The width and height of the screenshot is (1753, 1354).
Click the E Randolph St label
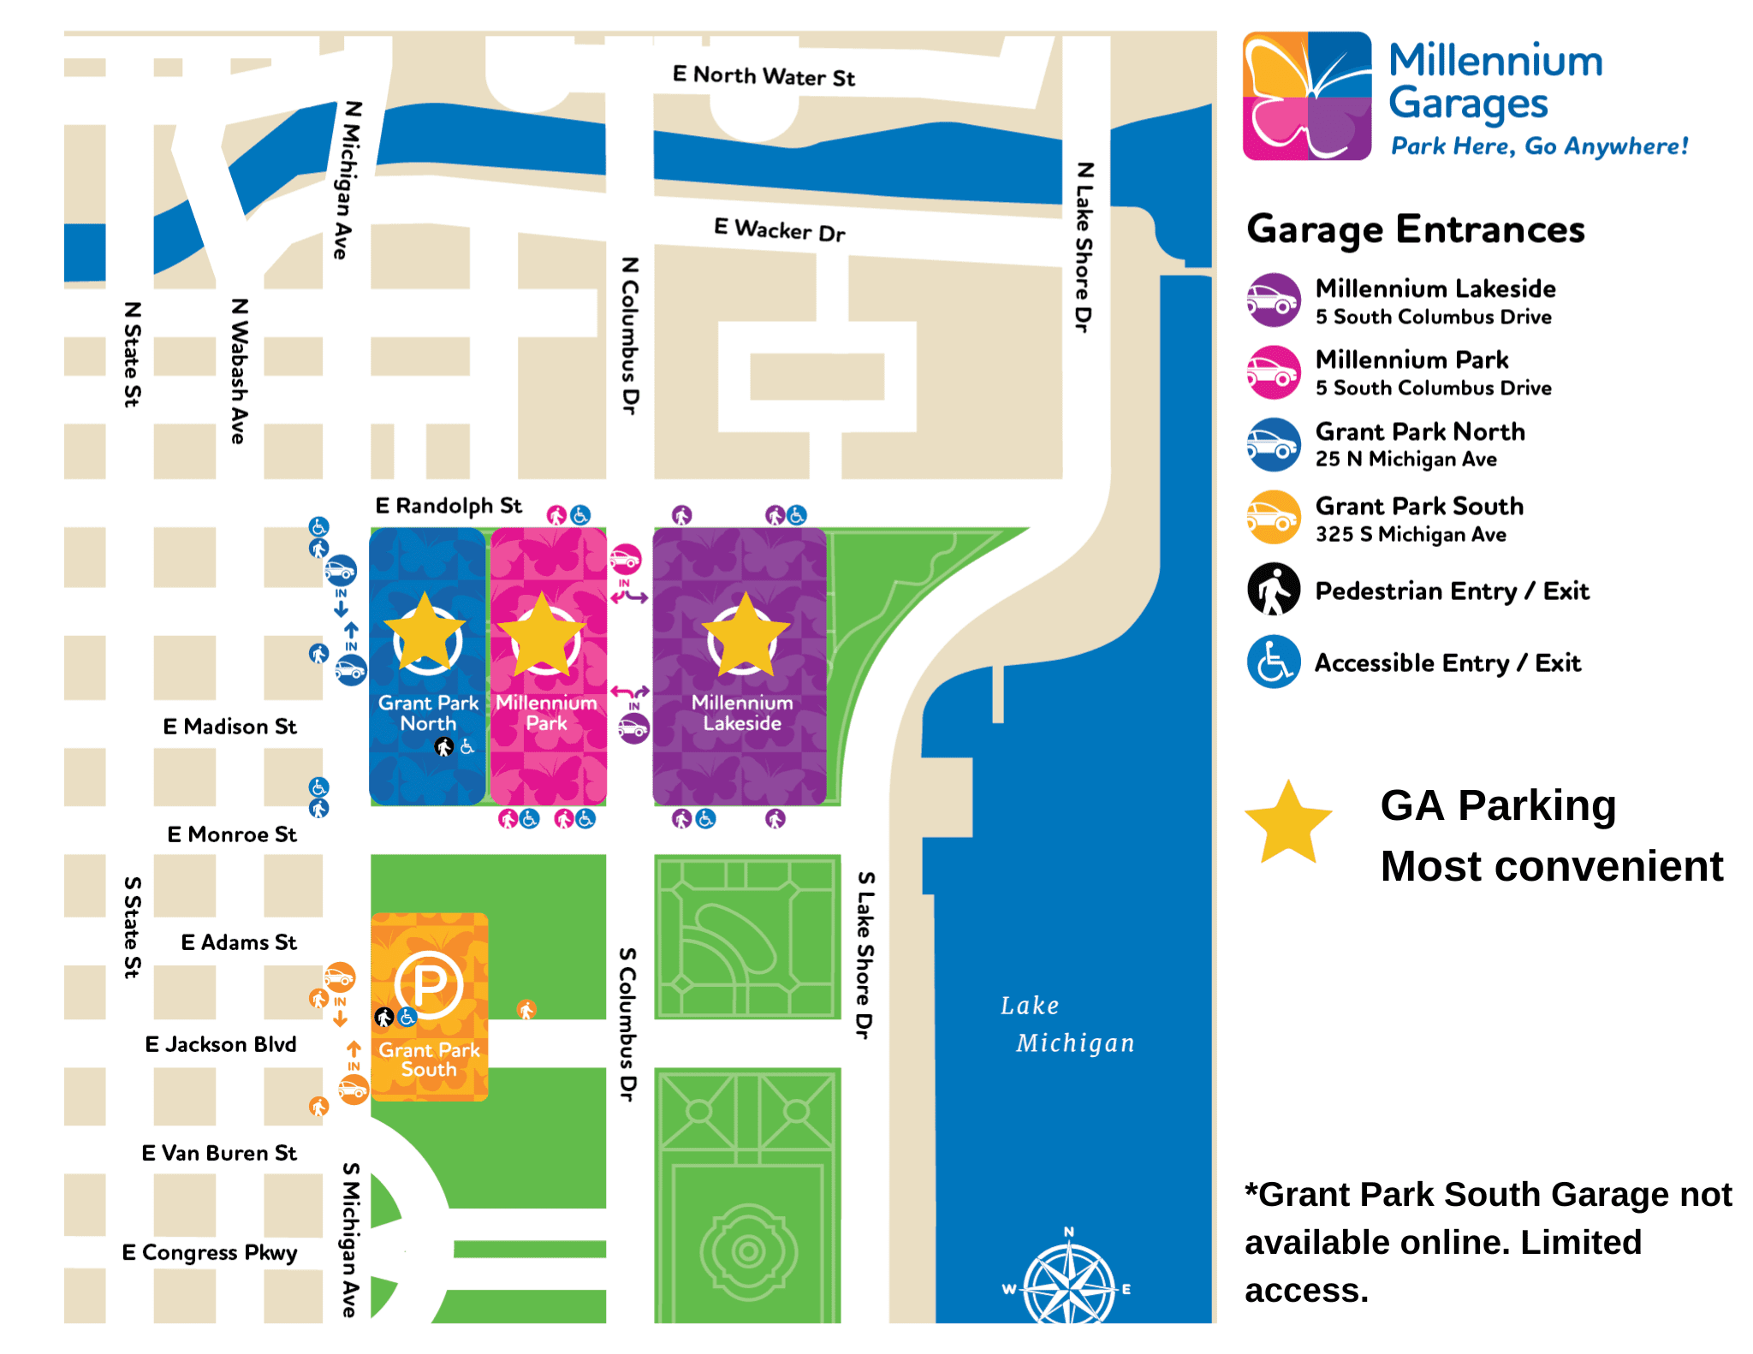tap(448, 506)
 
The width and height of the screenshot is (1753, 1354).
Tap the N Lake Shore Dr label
tap(1084, 247)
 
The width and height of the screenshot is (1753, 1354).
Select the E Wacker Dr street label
tap(779, 229)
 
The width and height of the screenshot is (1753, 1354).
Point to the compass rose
tap(1069, 1284)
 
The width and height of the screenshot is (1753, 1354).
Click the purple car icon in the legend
tap(1273, 300)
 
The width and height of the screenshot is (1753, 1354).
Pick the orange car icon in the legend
tap(1273, 517)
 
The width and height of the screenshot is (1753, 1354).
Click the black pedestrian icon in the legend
tap(1273, 590)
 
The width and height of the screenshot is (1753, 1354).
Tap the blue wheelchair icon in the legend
tap(1273, 662)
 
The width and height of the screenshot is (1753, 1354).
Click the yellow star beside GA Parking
tap(1287, 823)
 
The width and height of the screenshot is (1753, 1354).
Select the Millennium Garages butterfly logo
tap(1306, 96)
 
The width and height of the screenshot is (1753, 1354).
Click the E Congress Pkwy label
tap(209, 1252)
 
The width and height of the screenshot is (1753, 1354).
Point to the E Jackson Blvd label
tap(220, 1044)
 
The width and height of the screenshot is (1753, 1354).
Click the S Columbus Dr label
tap(627, 1024)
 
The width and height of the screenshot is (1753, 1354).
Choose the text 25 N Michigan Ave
tap(1405, 460)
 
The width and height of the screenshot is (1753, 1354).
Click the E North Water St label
tap(764, 76)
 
